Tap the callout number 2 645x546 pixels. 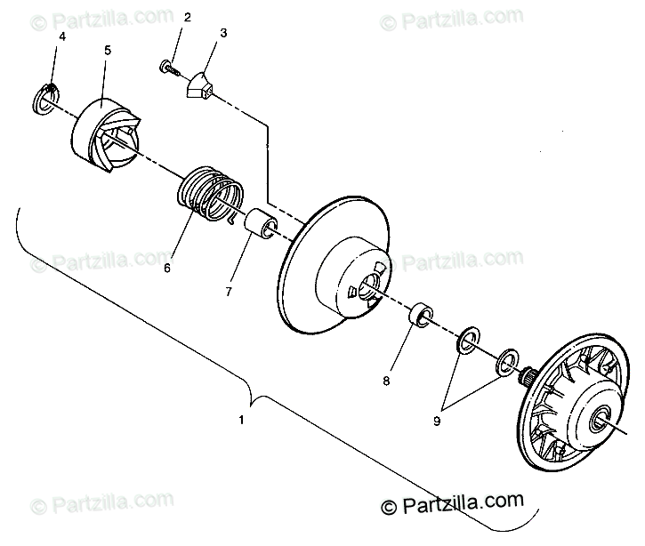pyautogui.click(x=187, y=18)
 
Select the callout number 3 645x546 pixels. pyautogui.click(x=223, y=33)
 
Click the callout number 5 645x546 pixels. pyautogui.click(x=108, y=51)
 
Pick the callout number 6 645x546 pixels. pyautogui.click(x=167, y=264)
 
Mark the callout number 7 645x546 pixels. pyautogui.click(x=228, y=292)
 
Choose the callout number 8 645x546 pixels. pyautogui.click(x=386, y=381)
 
